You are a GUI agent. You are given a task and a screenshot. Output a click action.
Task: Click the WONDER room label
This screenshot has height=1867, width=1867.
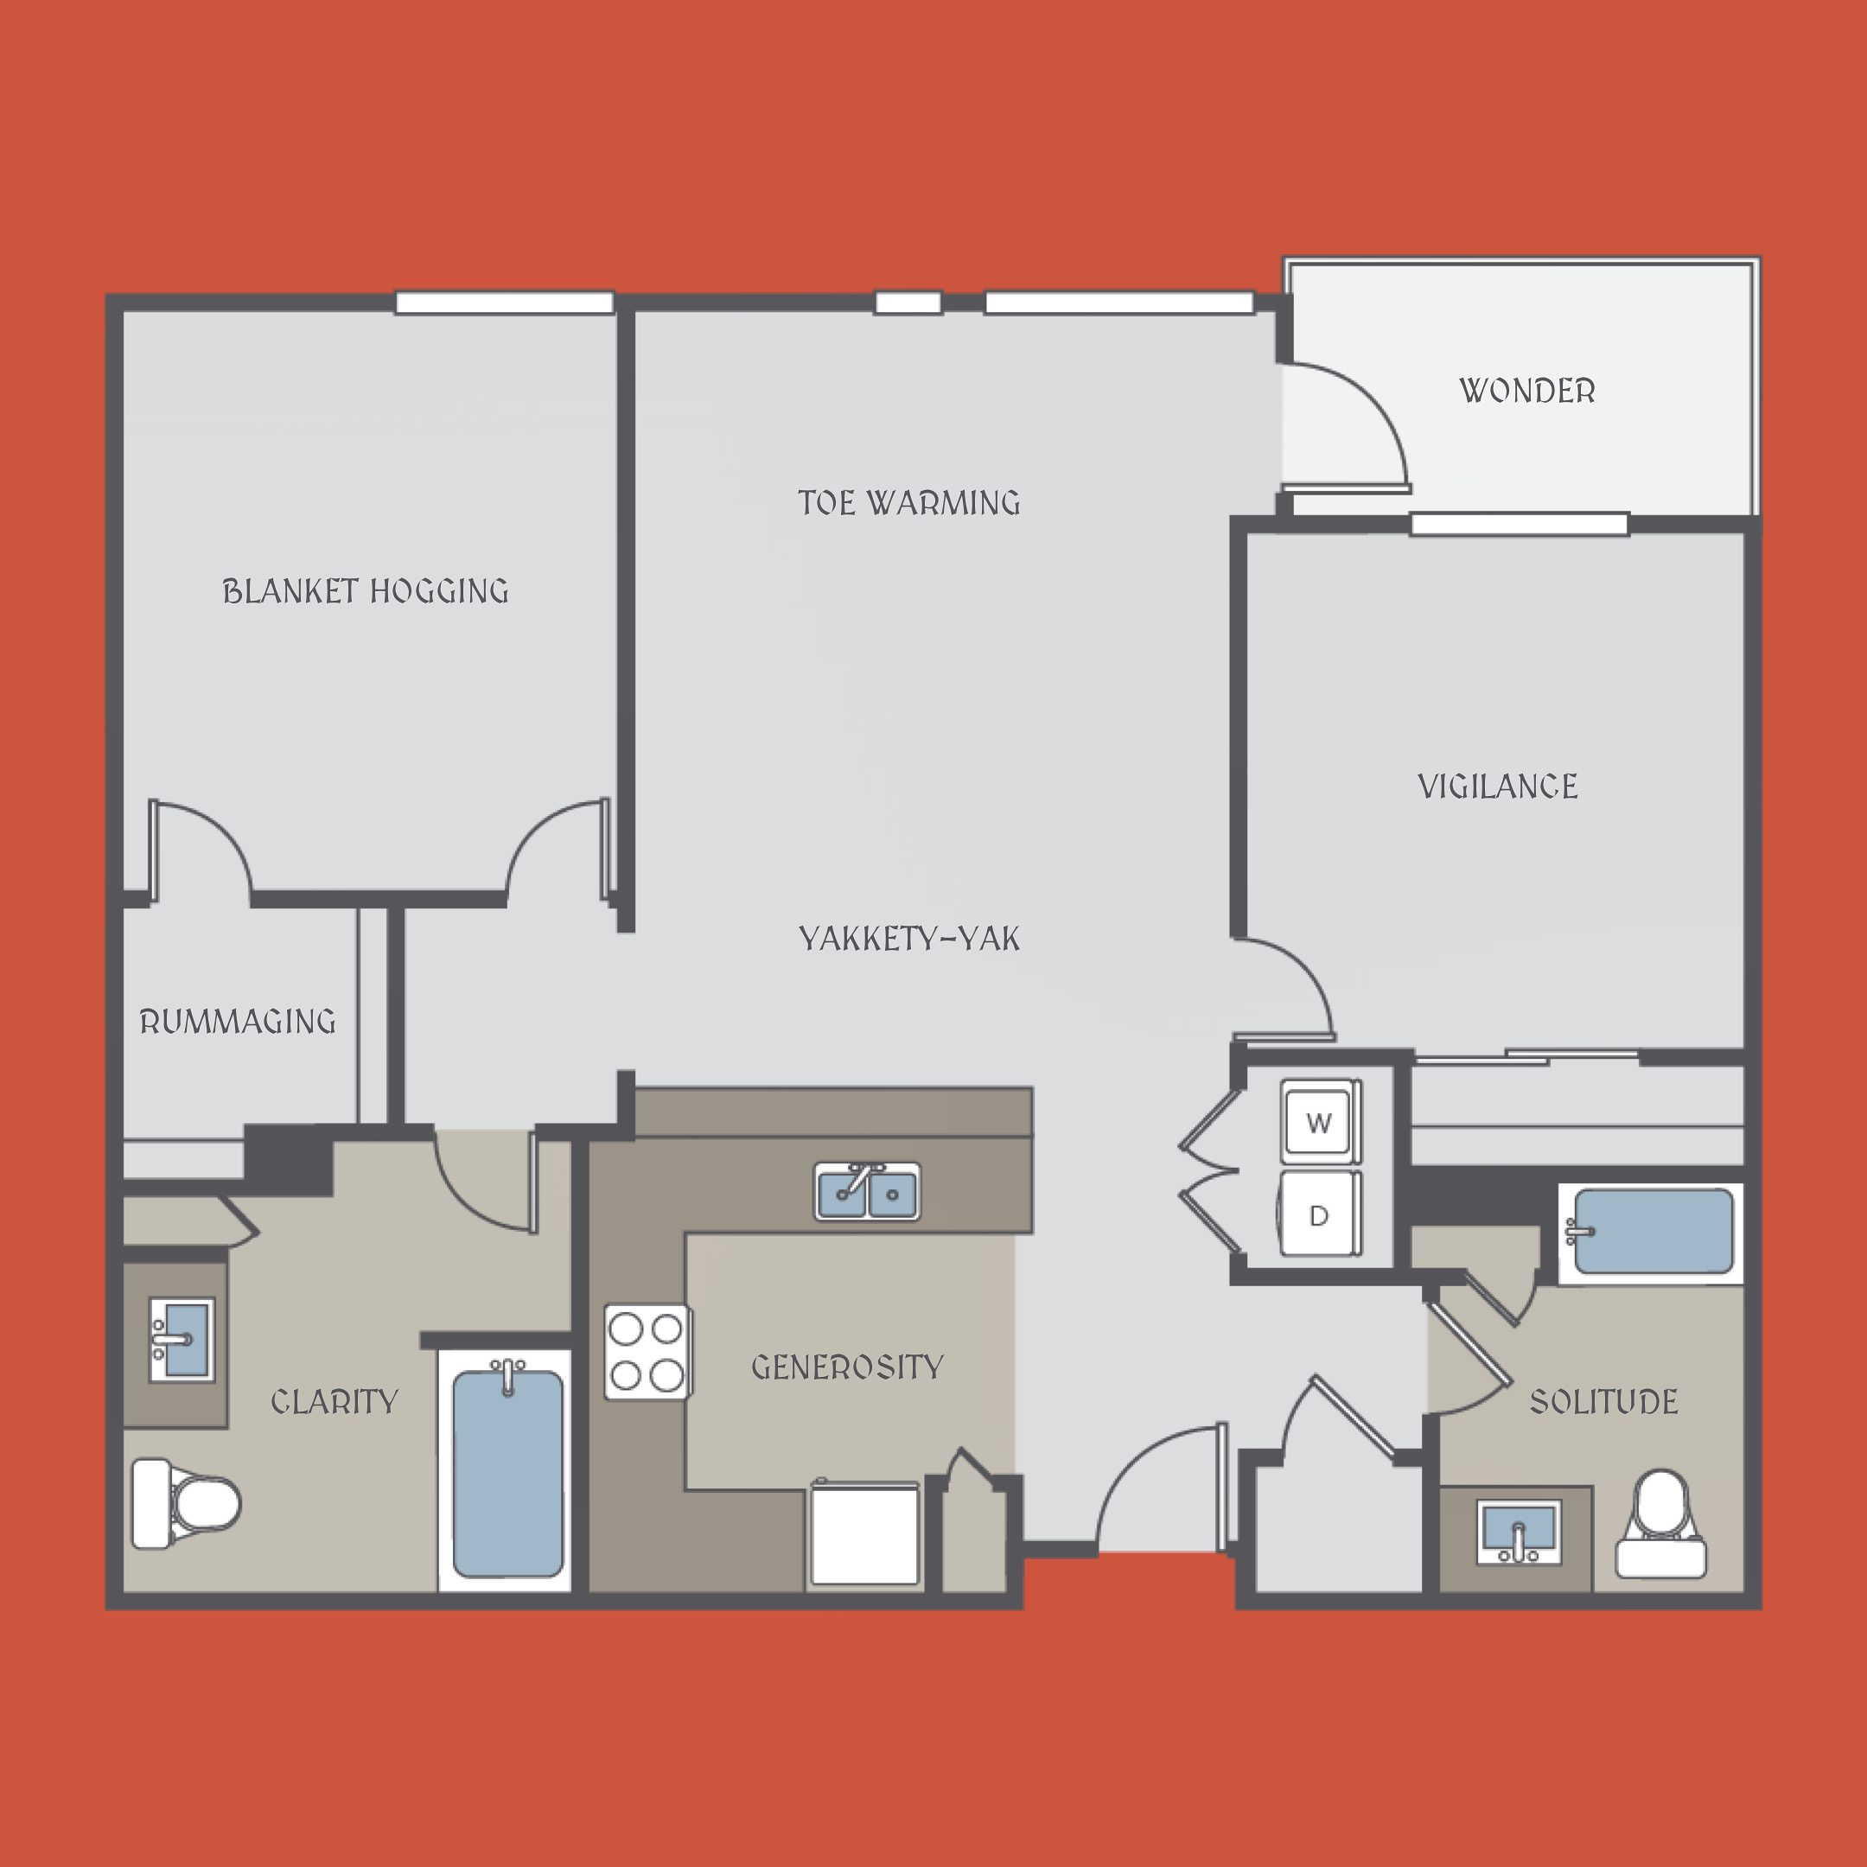pyautogui.click(x=1526, y=391)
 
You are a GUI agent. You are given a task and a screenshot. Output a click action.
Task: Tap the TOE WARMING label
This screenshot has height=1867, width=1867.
pyautogui.click(x=909, y=502)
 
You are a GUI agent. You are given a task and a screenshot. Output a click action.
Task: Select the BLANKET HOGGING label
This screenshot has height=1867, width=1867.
pyautogui.click(x=366, y=590)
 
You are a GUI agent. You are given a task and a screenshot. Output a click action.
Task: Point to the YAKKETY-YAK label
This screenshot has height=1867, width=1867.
pyautogui.click(x=909, y=939)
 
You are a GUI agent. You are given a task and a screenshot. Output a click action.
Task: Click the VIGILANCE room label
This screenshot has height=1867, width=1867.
pyautogui.click(x=1498, y=786)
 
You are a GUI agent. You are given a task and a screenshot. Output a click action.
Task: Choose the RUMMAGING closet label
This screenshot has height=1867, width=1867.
pyautogui.click(x=238, y=1022)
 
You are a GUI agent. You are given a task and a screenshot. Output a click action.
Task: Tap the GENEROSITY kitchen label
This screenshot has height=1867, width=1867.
pyautogui.click(x=847, y=1367)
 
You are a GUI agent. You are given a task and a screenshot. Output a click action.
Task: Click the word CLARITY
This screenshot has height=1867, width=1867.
pyautogui.click(x=335, y=1401)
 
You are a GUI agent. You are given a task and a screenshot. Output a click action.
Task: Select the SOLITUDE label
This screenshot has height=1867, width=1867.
pyautogui.click(x=1604, y=1401)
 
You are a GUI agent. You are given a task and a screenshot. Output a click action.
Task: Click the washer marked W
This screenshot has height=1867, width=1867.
pyautogui.click(x=1320, y=1122)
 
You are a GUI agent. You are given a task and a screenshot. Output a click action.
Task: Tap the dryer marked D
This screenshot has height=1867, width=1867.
pyautogui.click(x=1320, y=1214)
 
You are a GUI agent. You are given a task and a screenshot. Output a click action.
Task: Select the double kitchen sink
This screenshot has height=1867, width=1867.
pyautogui.click(x=868, y=1192)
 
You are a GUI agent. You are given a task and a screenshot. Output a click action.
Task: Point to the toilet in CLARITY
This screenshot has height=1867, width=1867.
pyautogui.click(x=186, y=1503)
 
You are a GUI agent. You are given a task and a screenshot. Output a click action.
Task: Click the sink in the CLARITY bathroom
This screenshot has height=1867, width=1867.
pyautogui.click(x=182, y=1340)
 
